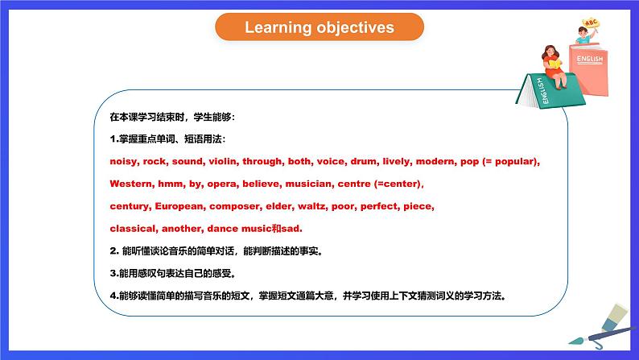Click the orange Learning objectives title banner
pyautogui.click(x=319, y=27)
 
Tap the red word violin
pyautogui.click(x=224, y=161)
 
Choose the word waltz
pyautogui.click(x=313, y=206)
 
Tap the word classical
pyautogui.click(x=134, y=229)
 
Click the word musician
pyautogui.click(x=309, y=184)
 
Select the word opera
pyautogui.click(x=223, y=184)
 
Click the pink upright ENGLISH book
pyautogui.click(x=589, y=69)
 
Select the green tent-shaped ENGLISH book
pyautogui.click(x=549, y=91)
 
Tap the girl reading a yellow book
pyautogui.click(x=554, y=67)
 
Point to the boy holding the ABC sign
pyautogui.click(x=584, y=35)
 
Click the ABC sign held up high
pyautogui.click(x=591, y=23)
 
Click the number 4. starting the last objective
pyautogui.click(x=114, y=296)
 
